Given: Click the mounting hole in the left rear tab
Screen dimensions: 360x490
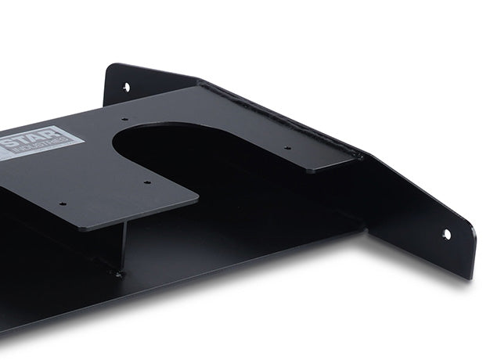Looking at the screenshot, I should [x=126, y=87].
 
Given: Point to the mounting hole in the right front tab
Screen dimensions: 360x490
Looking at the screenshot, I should [x=446, y=234].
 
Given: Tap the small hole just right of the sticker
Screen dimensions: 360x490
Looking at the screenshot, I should [x=124, y=120].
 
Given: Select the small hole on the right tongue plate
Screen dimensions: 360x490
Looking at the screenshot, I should [x=286, y=147].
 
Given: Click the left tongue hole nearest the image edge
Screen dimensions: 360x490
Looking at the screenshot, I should [x=63, y=204].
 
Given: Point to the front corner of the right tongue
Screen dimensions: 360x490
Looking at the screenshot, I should [x=309, y=170].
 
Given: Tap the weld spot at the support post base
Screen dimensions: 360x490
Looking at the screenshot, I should [x=119, y=274].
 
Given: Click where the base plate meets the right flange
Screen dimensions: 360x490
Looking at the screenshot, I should [x=365, y=228].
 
